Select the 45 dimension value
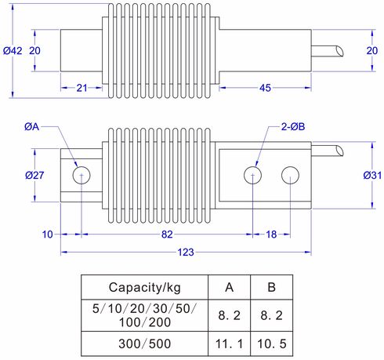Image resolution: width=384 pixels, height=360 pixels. [x=265, y=88]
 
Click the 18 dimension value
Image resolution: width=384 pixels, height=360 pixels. [x=271, y=235]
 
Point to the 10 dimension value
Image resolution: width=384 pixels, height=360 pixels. [x=47, y=235]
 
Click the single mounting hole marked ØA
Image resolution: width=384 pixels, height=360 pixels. [x=80, y=175]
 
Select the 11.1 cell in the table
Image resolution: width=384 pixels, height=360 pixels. [x=229, y=343]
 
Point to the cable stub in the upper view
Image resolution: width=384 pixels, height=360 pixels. [x=329, y=49]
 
